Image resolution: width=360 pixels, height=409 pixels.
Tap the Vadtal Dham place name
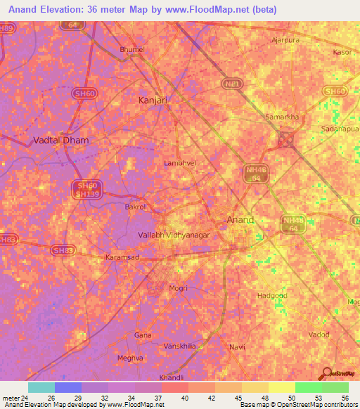(x=61, y=140)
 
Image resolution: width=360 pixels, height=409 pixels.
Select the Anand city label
(x=240, y=220)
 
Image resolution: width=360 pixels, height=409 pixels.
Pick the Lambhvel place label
(x=179, y=162)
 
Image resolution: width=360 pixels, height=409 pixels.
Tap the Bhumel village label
(x=132, y=49)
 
